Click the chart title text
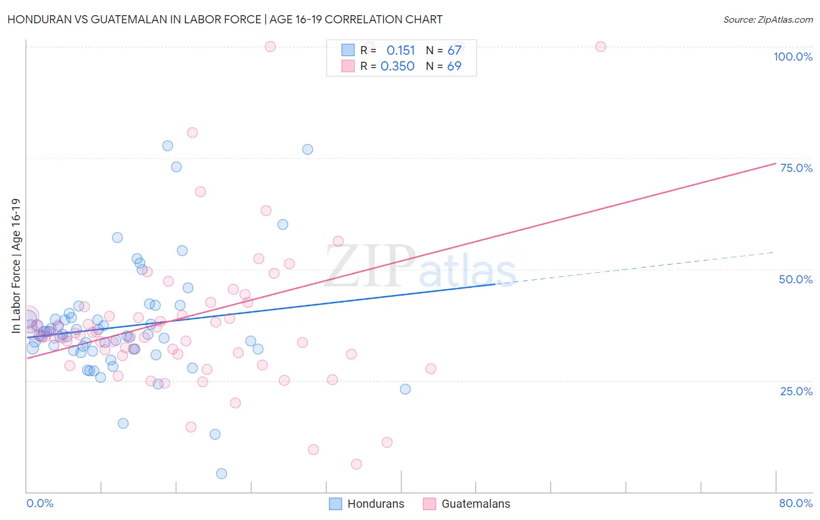225,19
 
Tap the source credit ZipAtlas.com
768,19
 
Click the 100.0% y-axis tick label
793,57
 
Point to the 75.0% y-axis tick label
796,168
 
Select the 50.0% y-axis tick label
796,279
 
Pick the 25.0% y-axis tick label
796,391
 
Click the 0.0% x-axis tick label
40,503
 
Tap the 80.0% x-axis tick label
796,503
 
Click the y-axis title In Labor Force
16,266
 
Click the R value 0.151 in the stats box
401,51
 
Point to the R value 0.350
397,66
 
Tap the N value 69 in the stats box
454,66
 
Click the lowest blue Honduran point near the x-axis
222,473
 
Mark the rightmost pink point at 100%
601,47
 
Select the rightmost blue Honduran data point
405,389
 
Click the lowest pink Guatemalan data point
356,464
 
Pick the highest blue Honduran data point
167,146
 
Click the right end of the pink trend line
775,163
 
